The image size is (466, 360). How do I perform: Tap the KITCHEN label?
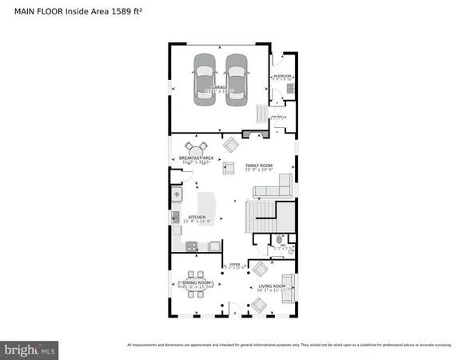click(197, 218)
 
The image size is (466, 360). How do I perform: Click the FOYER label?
click(235, 263)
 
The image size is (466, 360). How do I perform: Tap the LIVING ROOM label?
click(267, 286)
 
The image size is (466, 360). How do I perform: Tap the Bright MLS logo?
click(30, 349)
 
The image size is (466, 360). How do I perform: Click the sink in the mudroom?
click(291, 87)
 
